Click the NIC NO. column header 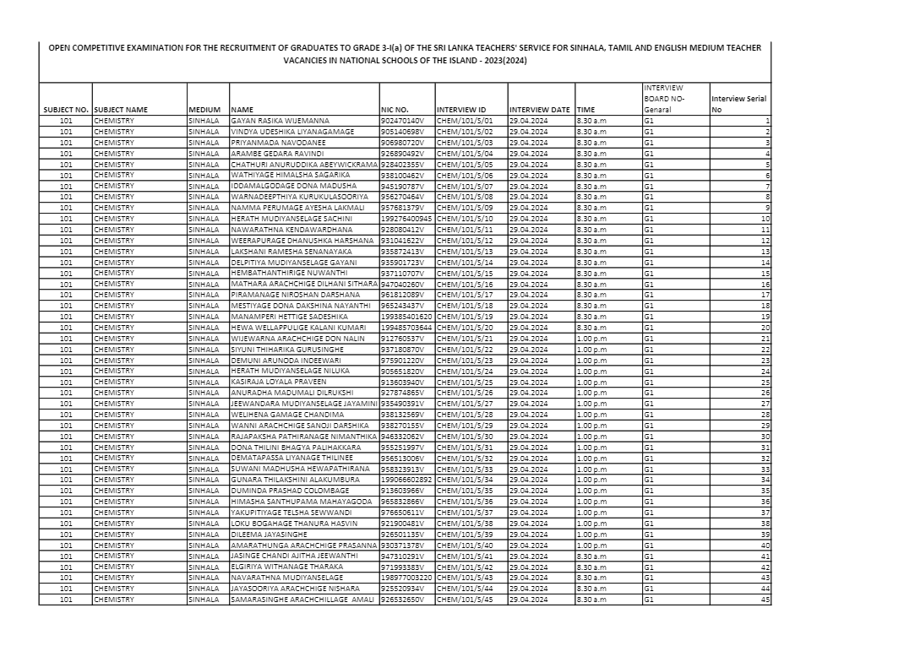(x=395, y=110)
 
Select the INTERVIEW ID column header (x=460, y=110)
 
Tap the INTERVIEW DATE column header (x=539, y=110)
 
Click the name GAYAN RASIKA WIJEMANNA (x=280, y=121)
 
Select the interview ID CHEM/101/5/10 (x=464, y=219)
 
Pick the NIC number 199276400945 (x=406, y=219)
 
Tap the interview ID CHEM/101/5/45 (x=464, y=600)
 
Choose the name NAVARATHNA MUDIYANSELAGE (x=279, y=578)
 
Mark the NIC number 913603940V (x=401, y=382)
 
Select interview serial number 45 (x=765, y=600)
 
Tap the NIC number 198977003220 (x=406, y=578)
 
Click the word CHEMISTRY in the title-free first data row (x=114, y=121)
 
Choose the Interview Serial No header (x=738, y=104)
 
